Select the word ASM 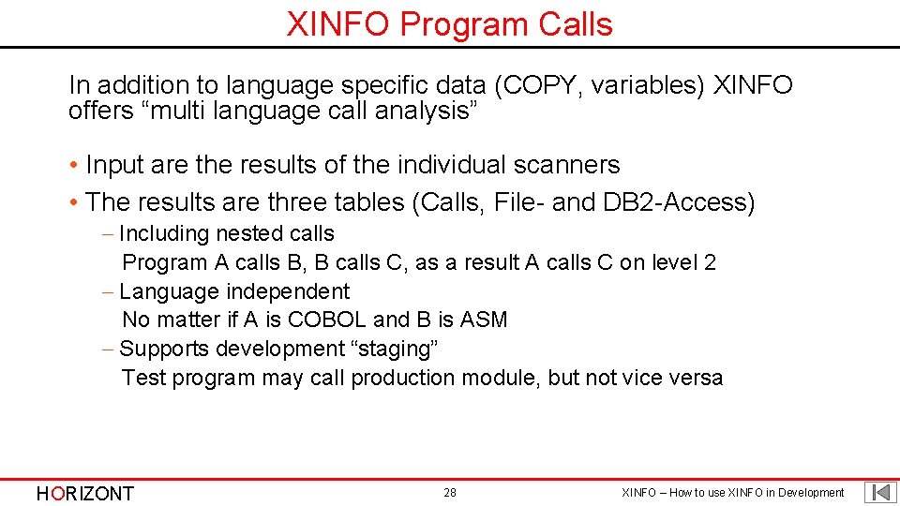[x=484, y=320]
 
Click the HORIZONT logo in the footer [x=84, y=493]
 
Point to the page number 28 [x=450, y=493]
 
